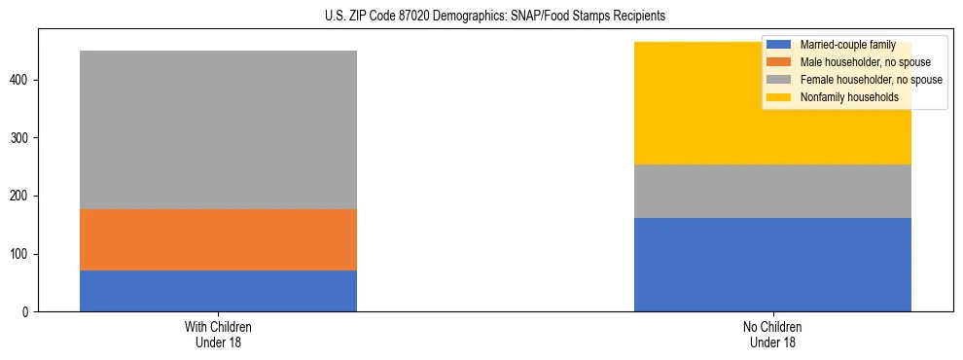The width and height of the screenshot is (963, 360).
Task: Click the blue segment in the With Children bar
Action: click(x=218, y=291)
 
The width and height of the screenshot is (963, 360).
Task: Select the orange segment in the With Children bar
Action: click(x=218, y=239)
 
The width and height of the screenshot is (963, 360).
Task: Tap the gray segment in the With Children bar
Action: click(x=218, y=129)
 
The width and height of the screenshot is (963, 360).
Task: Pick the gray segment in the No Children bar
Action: click(x=772, y=191)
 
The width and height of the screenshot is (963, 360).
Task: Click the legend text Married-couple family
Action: click(x=847, y=45)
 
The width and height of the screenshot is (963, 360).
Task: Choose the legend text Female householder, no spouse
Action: click(x=871, y=80)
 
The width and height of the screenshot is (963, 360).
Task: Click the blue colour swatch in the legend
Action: click(x=779, y=45)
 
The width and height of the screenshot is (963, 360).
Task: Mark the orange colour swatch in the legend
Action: click(x=779, y=62)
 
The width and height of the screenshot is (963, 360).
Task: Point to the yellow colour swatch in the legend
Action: click(x=779, y=97)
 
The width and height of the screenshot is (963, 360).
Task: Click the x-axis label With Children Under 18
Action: click(x=218, y=334)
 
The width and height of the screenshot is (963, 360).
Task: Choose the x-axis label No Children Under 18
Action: click(x=772, y=334)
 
